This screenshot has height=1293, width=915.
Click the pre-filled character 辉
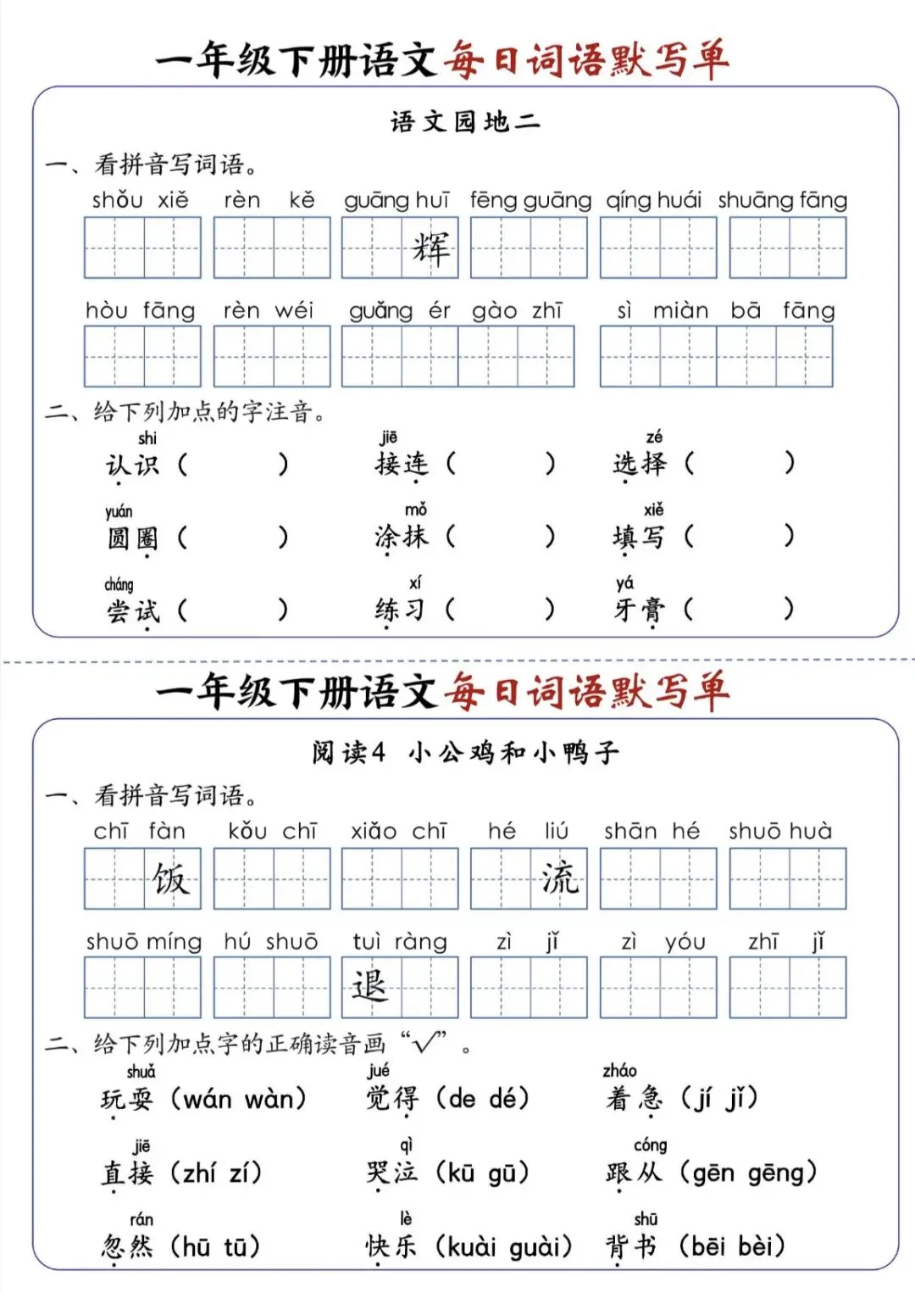430,248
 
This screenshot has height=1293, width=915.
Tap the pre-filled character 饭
171,879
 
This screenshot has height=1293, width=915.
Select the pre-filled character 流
559,879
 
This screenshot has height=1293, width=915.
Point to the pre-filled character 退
369,987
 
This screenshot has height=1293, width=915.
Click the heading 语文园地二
465,122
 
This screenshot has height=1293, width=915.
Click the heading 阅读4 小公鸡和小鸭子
465,752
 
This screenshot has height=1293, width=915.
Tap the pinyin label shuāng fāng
783,200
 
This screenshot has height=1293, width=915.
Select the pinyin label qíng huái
653,200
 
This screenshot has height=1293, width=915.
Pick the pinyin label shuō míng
143,942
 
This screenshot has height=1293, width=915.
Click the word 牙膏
640,610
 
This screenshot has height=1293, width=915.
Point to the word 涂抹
402,537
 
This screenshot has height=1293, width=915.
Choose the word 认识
132,465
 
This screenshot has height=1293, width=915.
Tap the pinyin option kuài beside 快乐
473,1247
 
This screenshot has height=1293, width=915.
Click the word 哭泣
391,1173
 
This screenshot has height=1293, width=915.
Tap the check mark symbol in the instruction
427,1042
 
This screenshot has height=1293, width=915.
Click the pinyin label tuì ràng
400,942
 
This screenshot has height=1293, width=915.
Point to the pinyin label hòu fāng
140,310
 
